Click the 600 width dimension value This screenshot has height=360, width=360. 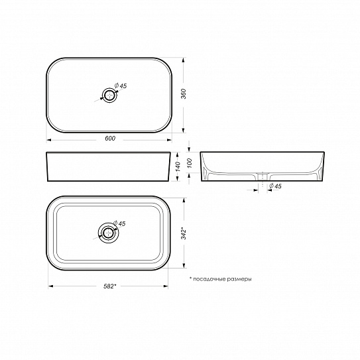(x=110, y=138)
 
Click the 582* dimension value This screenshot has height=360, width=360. (x=110, y=285)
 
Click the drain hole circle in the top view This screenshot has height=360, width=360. (x=107, y=93)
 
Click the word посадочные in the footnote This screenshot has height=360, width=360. (x=211, y=279)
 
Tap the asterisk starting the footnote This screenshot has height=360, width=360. (x=190, y=278)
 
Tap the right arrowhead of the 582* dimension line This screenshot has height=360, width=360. (x=169, y=287)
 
